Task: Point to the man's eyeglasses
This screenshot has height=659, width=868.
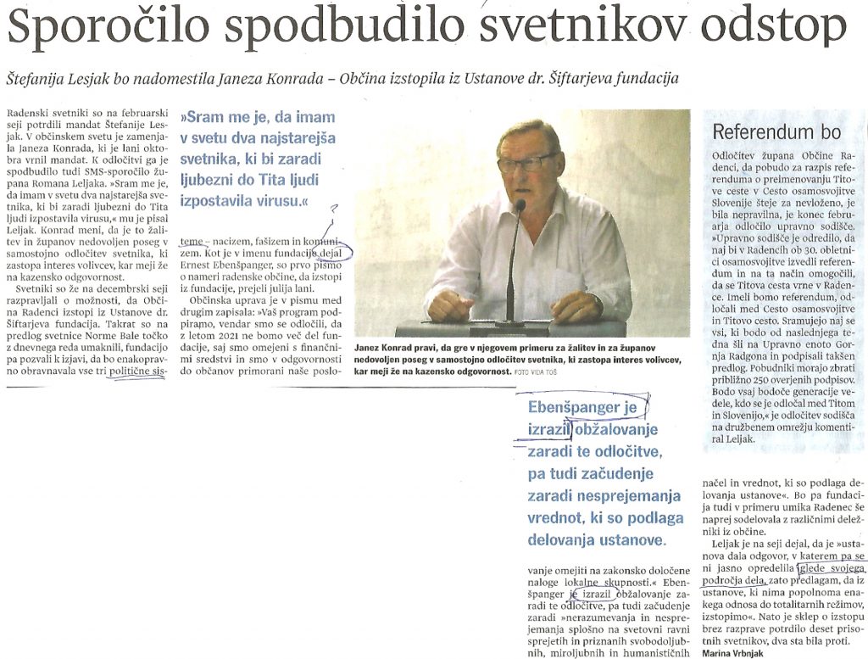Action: coord(526,161)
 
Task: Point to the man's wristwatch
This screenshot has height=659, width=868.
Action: coord(598,303)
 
